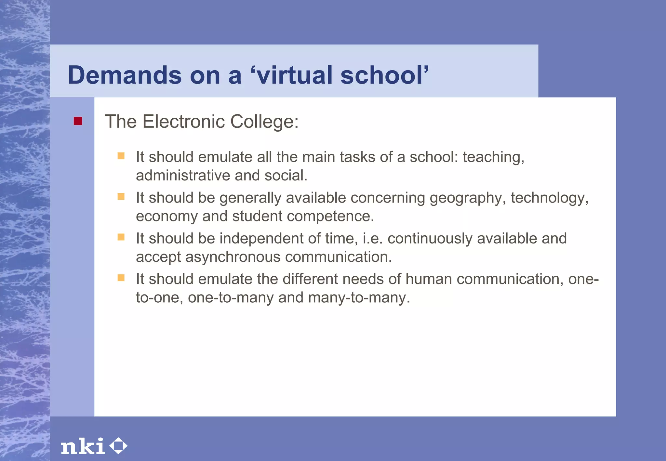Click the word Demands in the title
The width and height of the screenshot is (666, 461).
tap(124, 75)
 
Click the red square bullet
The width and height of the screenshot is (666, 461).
tap(78, 121)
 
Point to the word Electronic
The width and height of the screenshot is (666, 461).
tap(184, 122)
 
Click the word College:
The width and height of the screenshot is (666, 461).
tap(264, 122)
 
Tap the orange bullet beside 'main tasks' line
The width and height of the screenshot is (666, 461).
tap(121, 156)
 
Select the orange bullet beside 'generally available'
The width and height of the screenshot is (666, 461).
tap(121, 197)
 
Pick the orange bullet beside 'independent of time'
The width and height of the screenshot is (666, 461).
tap(121, 237)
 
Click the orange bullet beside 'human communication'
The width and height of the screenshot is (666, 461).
tap(121, 278)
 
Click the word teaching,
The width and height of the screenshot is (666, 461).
tap(493, 157)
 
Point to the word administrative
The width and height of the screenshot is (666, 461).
tap(183, 176)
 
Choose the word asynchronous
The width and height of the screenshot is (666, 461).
tap(233, 257)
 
